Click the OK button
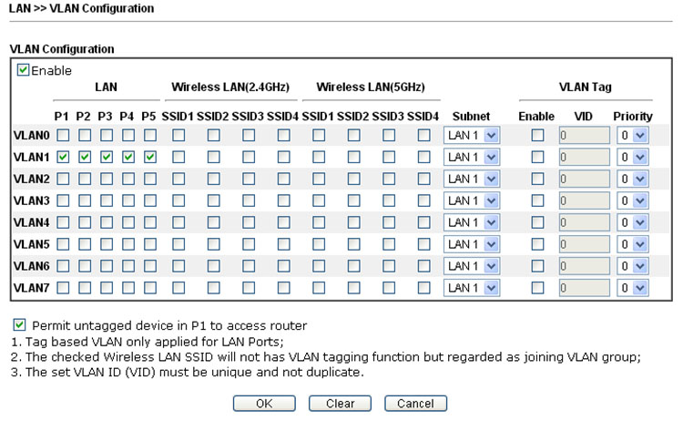tap(264, 403)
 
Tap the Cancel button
tap(415, 403)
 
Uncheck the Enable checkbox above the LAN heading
tap(23, 70)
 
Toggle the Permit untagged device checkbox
tap(19, 324)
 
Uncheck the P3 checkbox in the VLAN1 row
tap(107, 157)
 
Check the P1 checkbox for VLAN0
tap(63, 135)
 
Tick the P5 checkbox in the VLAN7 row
tap(150, 288)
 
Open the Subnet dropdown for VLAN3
tap(472, 200)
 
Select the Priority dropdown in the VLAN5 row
tap(633, 244)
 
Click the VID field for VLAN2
tap(584, 179)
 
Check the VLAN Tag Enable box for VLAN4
tap(537, 222)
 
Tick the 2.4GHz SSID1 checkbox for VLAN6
tap(178, 266)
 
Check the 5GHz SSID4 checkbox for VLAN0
tap(423, 135)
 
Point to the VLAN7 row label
tap(31, 288)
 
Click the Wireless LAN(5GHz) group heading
tap(371, 87)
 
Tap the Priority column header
tap(633, 117)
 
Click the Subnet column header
tap(471, 117)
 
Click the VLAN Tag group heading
tap(586, 87)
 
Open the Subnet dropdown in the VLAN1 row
tap(472, 157)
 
